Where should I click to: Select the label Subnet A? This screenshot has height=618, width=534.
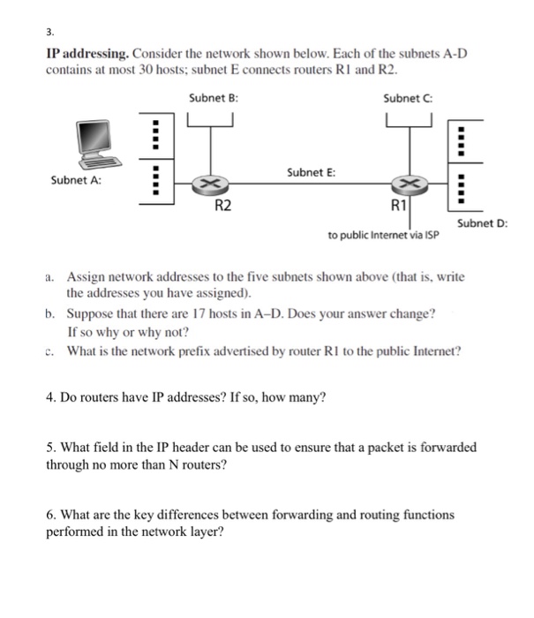76,180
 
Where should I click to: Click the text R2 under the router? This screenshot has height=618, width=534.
224,207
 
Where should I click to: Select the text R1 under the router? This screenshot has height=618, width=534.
399,207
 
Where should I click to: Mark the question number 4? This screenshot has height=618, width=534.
50,396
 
